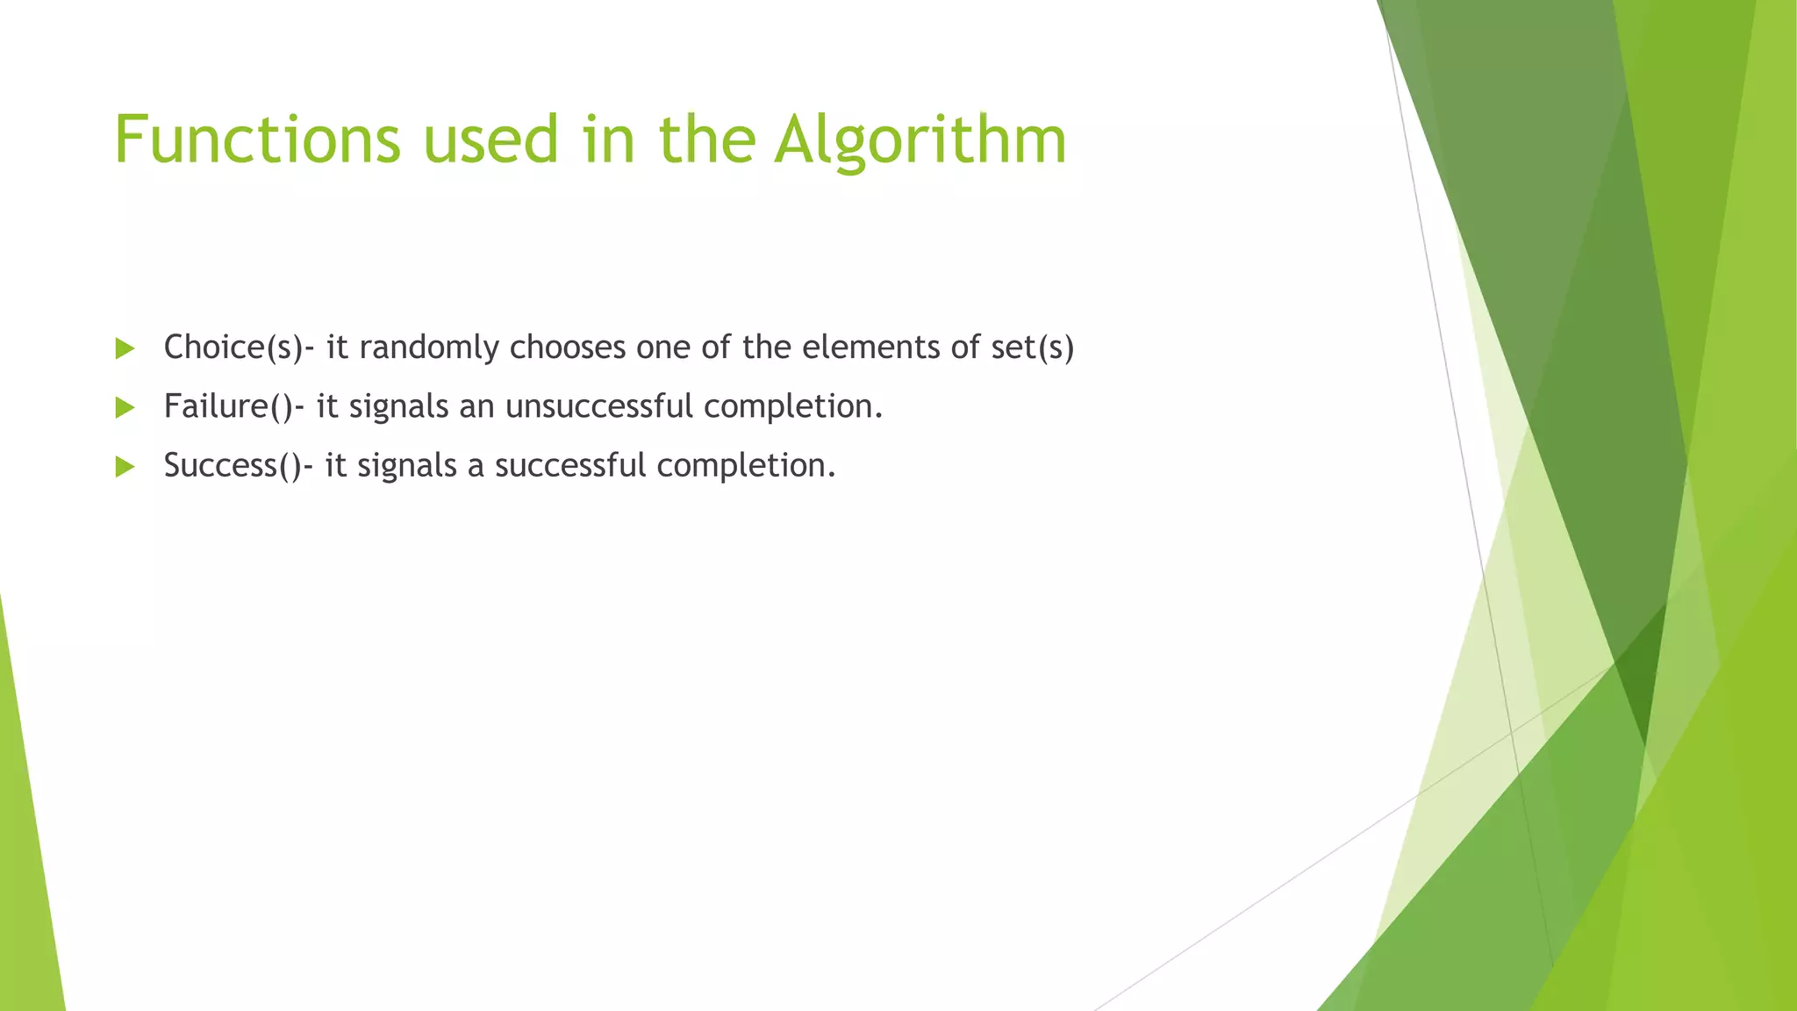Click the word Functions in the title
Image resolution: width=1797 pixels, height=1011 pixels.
pyautogui.click(x=257, y=140)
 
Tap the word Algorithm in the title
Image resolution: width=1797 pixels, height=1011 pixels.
pyautogui.click(x=920, y=140)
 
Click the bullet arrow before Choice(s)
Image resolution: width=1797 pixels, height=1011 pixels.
pyautogui.click(x=125, y=348)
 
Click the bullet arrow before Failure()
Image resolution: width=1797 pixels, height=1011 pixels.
pyautogui.click(x=125, y=407)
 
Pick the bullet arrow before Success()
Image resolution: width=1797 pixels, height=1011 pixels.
pyautogui.click(x=125, y=466)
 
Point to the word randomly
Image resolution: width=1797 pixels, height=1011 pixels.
pyautogui.click(x=428, y=348)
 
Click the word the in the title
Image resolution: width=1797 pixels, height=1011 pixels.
pyautogui.click(x=707, y=140)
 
